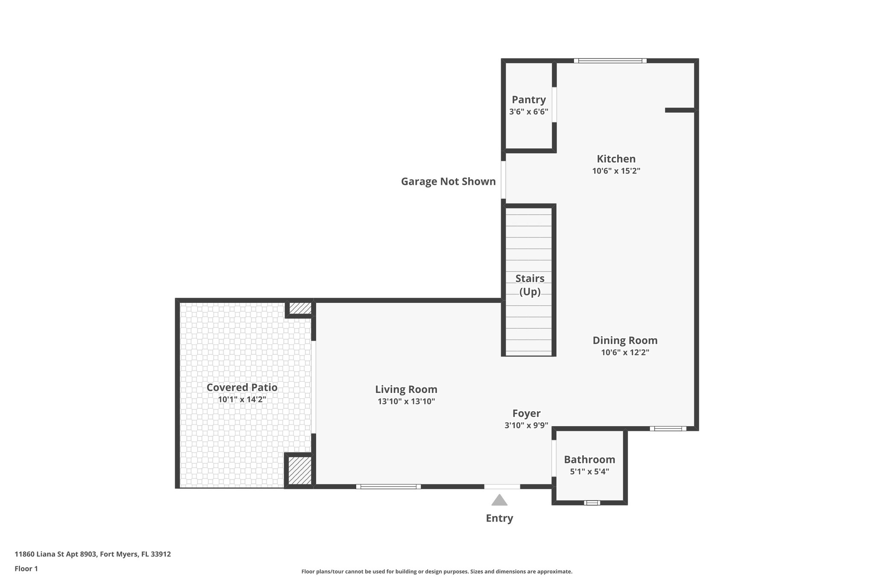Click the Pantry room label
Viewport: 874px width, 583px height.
(x=529, y=100)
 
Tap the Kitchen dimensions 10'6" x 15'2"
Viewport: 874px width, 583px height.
(x=616, y=171)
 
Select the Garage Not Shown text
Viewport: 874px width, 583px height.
(x=448, y=182)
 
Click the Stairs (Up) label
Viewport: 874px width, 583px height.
(x=530, y=285)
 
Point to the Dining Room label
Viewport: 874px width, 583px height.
(x=625, y=340)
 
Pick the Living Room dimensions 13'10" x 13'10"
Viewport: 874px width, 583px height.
(x=406, y=401)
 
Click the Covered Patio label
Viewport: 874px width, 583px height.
(x=242, y=387)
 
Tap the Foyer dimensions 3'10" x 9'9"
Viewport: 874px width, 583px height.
(x=526, y=425)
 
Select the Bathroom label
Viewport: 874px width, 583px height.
(x=589, y=460)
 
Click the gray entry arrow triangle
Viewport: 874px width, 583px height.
(x=499, y=501)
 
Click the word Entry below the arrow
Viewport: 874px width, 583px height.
(x=499, y=518)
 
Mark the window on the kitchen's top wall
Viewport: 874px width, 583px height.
(x=610, y=61)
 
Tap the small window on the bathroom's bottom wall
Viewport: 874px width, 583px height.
(x=592, y=503)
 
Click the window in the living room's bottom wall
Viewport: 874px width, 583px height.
(x=388, y=486)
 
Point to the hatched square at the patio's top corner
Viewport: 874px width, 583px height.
(x=300, y=308)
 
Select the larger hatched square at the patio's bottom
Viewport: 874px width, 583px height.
(x=300, y=470)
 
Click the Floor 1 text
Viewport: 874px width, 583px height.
(x=26, y=568)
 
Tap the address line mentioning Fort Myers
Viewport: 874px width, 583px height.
(x=93, y=554)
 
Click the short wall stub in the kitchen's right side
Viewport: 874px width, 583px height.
(x=680, y=110)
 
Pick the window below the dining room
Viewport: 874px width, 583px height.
(x=668, y=428)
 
